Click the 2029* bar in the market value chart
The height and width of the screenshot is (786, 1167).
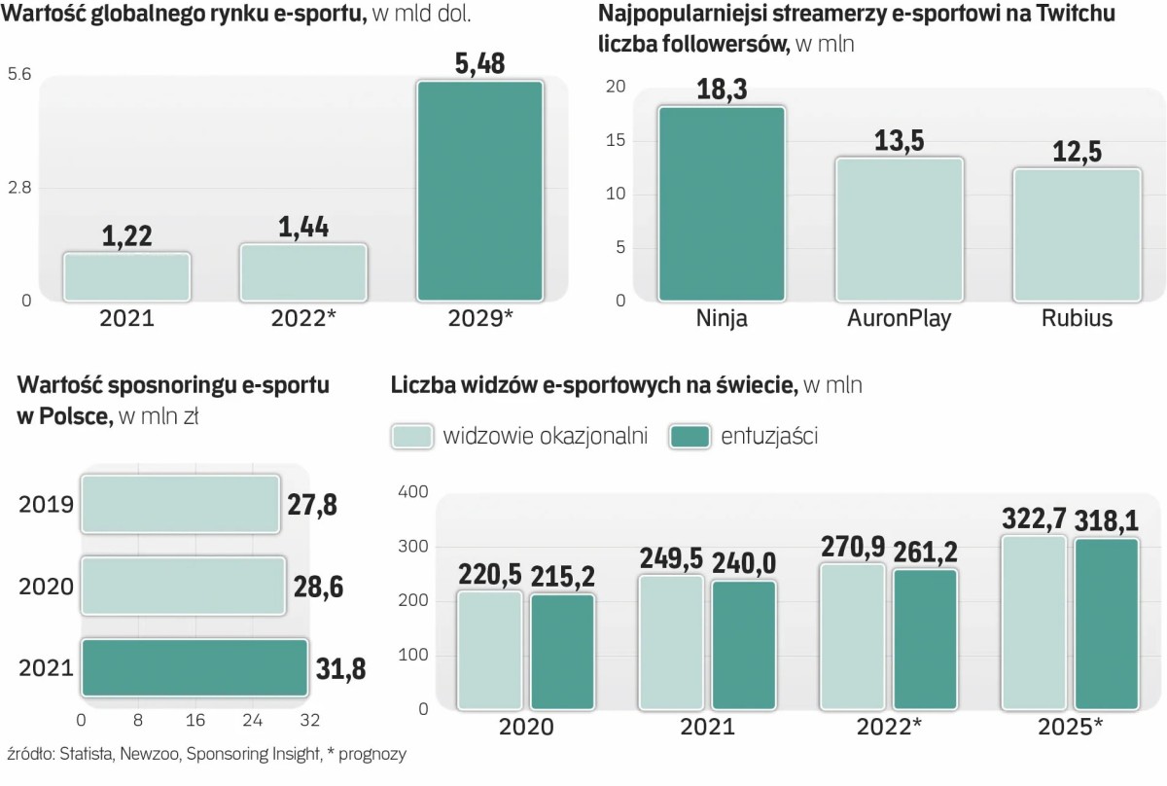click(479, 191)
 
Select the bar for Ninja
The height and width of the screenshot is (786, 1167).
click(722, 203)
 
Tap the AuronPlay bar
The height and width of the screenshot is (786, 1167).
click(900, 229)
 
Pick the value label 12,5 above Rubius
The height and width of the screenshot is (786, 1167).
click(1077, 153)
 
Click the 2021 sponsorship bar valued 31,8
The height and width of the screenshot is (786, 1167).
click(194, 667)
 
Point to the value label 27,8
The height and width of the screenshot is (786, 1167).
click(312, 505)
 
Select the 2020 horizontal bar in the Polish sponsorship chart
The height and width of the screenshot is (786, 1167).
click(182, 586)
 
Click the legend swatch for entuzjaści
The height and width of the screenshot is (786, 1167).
click(690, 437)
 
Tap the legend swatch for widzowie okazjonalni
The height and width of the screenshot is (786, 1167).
click(411, 437)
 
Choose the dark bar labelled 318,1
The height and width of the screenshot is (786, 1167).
click(1107, 624)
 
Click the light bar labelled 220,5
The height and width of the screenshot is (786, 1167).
click(490, 649)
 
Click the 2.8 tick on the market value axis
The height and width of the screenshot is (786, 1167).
click(20, 187)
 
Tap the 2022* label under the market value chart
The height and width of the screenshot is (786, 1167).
click(303, 318)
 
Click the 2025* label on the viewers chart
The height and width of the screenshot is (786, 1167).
click(1071, 727)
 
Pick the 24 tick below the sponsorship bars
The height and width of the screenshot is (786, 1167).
click(252, 720)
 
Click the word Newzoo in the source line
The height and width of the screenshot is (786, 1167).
click(148, 754)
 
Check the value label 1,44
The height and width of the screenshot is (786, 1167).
click(302, 227)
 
